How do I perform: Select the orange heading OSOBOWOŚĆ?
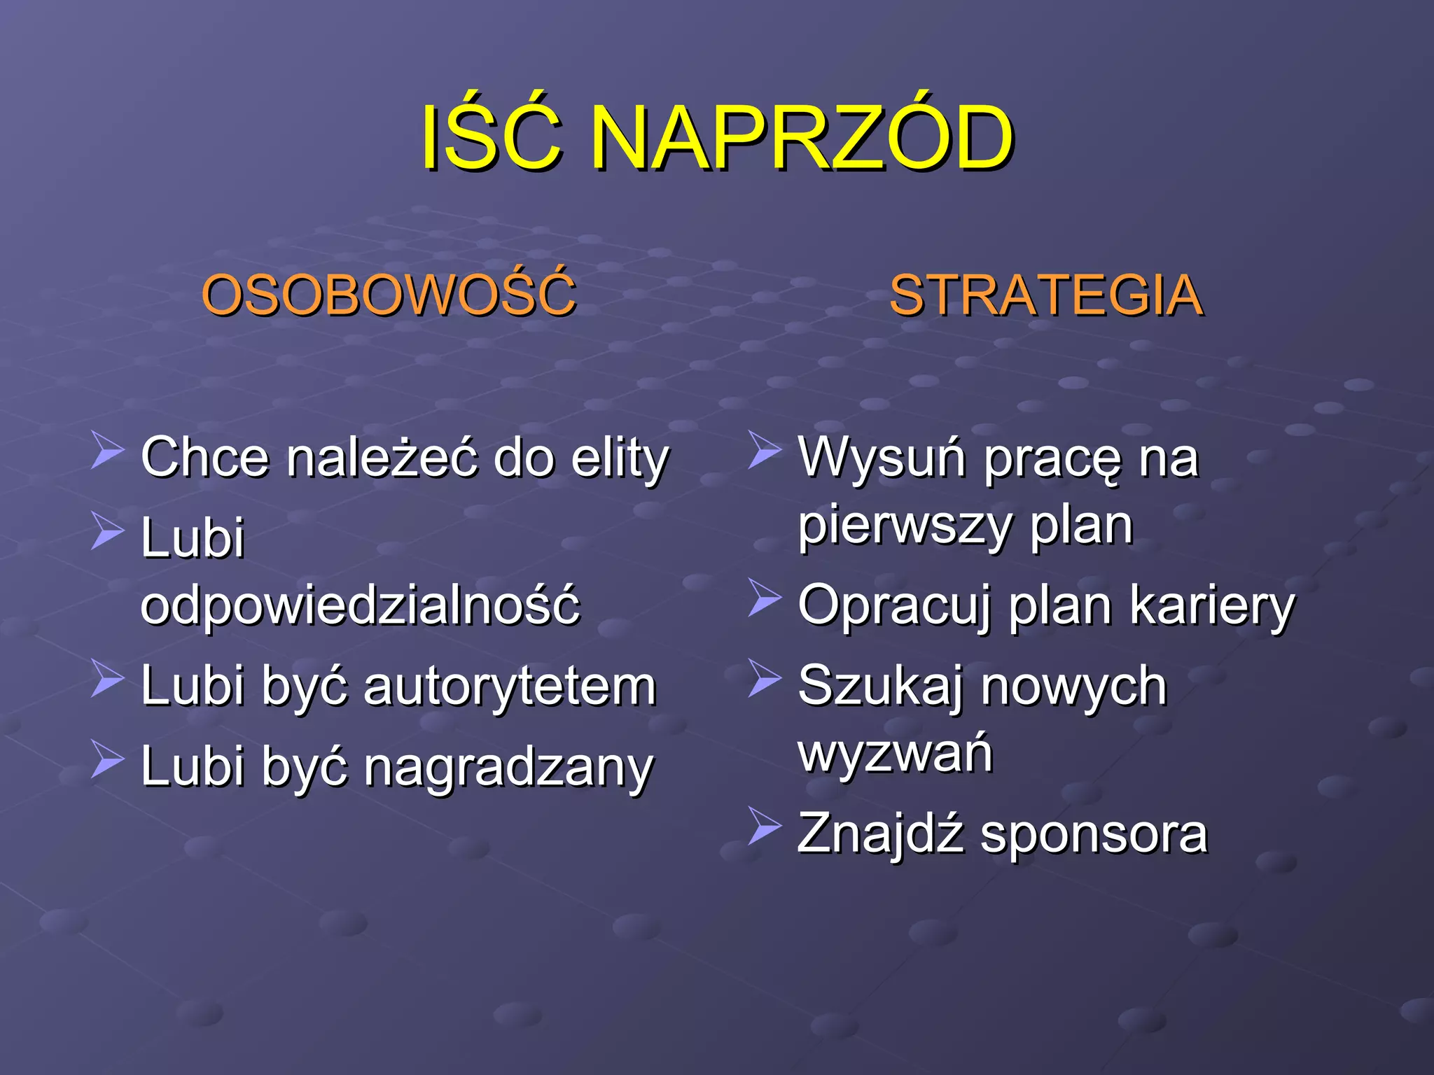point(389,295)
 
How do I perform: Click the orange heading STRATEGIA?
point(1046,296)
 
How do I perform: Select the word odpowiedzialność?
point(361,605)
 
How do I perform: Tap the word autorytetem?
point(510,686)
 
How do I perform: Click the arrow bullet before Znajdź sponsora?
point(764,826)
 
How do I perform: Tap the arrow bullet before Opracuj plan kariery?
point(764,598)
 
